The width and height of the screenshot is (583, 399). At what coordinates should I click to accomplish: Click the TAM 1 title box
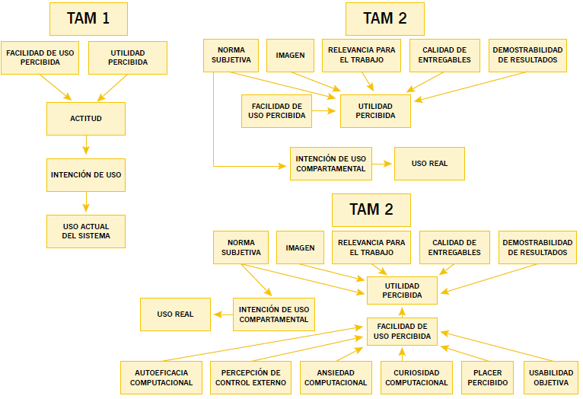(x=88, y=19)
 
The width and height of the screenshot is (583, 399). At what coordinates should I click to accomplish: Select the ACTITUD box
(x=86, y=119)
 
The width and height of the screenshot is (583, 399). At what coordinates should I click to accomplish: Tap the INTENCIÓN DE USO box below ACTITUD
(x=86, y=174)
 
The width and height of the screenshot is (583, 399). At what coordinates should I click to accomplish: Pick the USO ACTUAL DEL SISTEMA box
(x=86, y=231)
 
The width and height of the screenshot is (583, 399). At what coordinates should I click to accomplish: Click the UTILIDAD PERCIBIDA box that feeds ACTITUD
(x=128, y=57)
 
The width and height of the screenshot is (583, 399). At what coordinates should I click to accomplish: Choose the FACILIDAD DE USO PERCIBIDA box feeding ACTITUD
(x=40, y=57)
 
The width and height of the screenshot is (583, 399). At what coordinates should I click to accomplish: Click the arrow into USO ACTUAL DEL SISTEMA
(x=86, y=203)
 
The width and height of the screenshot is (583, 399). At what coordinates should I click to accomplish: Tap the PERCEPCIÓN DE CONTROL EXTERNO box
(x=251, y=378)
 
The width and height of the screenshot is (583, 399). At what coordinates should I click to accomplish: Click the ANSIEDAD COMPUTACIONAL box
(x=336, y=378)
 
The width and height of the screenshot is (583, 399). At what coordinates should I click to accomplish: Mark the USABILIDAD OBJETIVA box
(x=550, y=378)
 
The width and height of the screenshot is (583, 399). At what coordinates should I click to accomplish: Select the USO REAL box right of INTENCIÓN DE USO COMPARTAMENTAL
(x=429, y=164)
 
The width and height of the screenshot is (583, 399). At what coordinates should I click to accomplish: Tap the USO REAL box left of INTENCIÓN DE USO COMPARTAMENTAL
(x=175, y=314)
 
